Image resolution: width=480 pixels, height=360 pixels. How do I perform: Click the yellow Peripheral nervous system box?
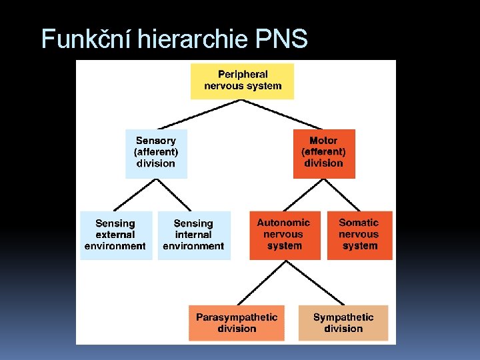[x=242, y=81]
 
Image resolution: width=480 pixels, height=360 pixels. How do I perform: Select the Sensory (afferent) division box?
[x=156, y=153]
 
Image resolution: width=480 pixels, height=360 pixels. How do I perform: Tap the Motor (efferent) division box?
[x=324, y=153]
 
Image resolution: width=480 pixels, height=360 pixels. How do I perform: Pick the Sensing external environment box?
[x=115, y=235]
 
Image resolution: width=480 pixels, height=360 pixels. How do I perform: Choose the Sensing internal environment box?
[x=193, y=235]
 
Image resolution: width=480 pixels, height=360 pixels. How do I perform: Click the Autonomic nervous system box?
[x=284, y=235]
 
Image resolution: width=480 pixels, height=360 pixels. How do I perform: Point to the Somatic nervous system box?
[x=359, y=235]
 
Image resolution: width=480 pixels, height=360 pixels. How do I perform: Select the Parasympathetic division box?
[x=237, y=323]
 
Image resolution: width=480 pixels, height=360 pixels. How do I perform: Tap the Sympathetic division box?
[x=343, y=323]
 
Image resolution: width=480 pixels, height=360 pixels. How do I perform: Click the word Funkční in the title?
[x=86, y=39]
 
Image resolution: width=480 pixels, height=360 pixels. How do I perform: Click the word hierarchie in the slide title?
[x=193, y=39]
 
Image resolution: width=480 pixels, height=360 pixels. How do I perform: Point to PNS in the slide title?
[x=281, y=39]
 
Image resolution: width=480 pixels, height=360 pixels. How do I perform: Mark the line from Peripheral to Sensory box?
[x=200, y=114]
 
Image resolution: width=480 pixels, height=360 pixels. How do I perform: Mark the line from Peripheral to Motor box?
[x=283, y=114]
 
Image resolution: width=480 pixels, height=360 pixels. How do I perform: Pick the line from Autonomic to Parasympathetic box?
[x=260, y=283]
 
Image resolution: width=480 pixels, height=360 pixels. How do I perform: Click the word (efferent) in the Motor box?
[x=324, y=152]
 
